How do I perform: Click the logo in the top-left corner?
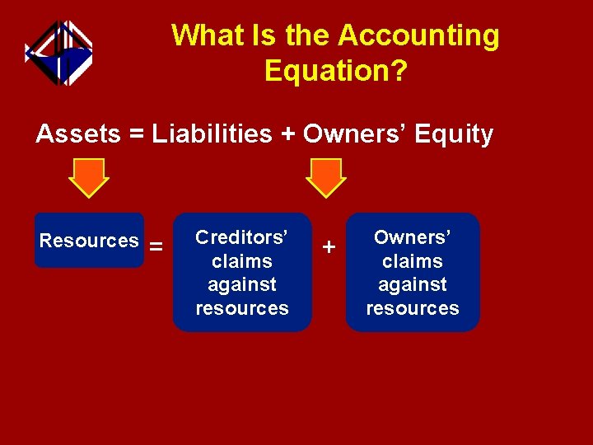(58, 52)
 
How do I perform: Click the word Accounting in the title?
(418, 35)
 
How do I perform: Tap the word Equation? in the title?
(335, 71)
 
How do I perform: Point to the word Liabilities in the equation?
(212, 133)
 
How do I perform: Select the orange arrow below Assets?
(88, 177)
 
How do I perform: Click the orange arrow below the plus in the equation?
(325, 177)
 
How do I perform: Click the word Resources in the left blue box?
(89, 241)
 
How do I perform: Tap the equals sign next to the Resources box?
(156, 246)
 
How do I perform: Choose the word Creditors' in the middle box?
(241, 237)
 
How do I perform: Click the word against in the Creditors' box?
(241, 284)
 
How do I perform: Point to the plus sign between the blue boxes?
(329, 246)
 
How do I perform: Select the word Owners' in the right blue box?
(412, 237)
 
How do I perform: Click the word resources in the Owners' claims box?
(412, 308)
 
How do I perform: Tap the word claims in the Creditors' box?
(241, 261)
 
